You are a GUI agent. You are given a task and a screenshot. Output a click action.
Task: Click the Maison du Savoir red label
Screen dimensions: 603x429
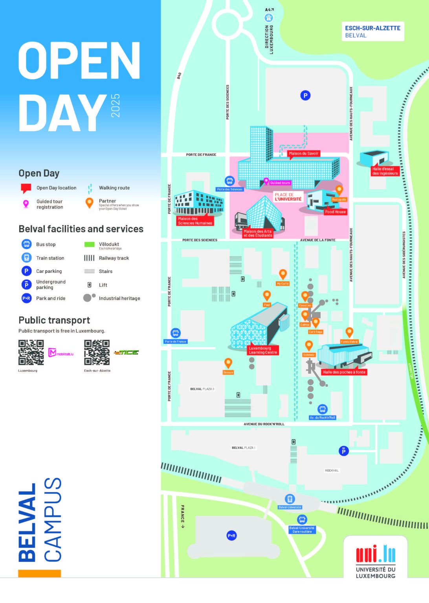pos(303,153)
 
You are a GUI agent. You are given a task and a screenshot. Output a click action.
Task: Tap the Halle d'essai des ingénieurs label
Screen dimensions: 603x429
pos(385,171)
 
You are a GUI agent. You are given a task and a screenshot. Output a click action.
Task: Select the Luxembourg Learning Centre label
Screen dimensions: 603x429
pos(263,350)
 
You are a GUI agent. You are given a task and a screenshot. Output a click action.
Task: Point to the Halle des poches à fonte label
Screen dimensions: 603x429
pos(344,372)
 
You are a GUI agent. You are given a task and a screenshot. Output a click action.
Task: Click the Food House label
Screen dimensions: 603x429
pos(335,212)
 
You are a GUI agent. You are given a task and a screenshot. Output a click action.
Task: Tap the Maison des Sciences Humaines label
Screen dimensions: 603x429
pos(195,221)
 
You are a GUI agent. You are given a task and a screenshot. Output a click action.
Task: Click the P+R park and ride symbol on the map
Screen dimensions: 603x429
pos(232,535)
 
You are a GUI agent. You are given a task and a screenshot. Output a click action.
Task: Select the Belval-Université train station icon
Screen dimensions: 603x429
pos(290,499)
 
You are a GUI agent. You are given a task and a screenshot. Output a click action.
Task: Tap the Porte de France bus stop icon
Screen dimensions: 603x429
pos(176,333)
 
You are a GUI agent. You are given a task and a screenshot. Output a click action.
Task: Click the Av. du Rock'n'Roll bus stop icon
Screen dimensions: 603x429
pos(323,409)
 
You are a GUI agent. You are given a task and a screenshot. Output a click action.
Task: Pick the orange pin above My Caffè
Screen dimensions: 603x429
pos(282,274)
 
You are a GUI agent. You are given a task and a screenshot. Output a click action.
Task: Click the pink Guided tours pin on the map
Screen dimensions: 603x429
pos(266,181)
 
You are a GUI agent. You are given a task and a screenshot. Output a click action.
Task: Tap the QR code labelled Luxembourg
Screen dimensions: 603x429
pos(31,353)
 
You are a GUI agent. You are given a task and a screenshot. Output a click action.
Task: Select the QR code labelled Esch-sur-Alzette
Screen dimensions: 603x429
pos(97,353)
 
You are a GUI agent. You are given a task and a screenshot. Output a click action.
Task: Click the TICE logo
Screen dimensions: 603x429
pos(126,353)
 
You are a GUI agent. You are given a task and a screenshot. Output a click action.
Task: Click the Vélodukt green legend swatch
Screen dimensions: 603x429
pos(90,245)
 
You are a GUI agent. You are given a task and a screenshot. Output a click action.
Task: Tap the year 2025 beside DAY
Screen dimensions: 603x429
pos(115,106)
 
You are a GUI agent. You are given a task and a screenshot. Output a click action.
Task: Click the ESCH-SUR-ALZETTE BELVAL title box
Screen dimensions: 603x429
pos(372,31)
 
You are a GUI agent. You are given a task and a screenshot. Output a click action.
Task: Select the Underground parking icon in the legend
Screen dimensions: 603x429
pos(26,285)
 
